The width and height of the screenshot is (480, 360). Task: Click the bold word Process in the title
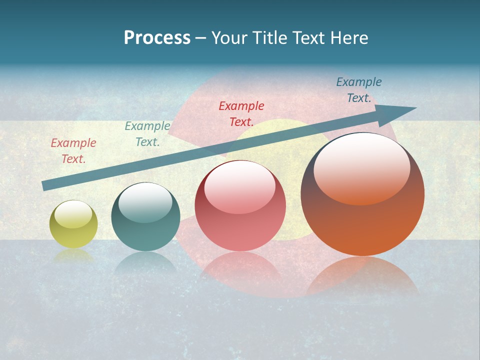coord(157,38)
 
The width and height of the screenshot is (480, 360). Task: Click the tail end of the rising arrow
coord(45,185)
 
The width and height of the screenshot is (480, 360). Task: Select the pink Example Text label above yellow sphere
coord(73,151)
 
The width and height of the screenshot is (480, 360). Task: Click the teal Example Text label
coord(147,134)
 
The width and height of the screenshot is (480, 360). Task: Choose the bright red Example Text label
coord(241,113)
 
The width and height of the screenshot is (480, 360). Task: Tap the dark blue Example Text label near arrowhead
coord(359,90)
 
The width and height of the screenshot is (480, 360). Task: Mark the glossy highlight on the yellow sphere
coord(73,214)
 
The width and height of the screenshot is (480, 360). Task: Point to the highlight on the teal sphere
coord(145,202)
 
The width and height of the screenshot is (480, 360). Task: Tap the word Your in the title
coord(227,38)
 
